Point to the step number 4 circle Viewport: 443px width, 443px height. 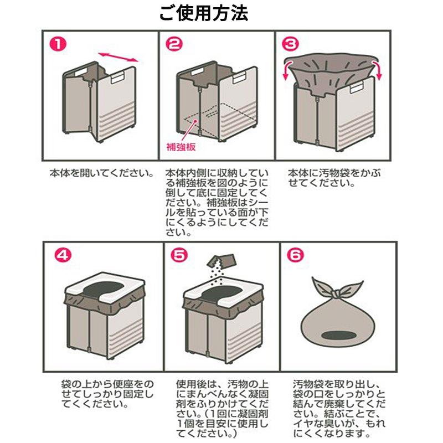64,255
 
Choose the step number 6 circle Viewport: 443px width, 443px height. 296,255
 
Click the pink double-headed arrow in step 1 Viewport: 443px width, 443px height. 118,56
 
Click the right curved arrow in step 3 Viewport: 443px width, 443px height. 378,70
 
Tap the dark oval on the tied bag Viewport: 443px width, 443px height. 336,335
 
